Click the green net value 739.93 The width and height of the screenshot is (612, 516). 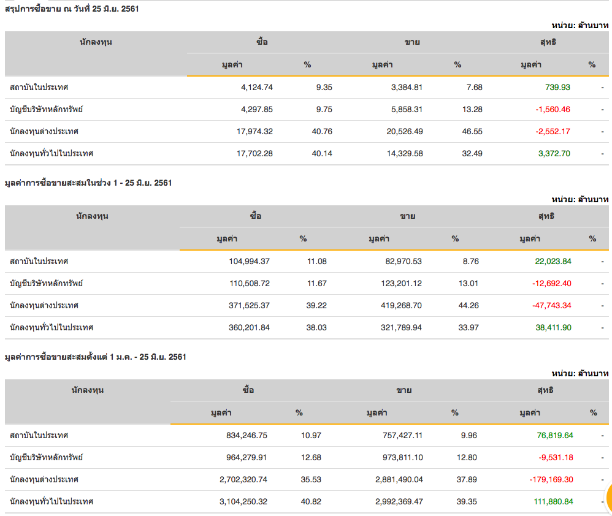pyautogui.click(x=557, y=87)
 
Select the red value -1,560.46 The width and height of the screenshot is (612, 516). pyautogui.click(x=553, y=109)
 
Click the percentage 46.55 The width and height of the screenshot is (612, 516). pyautogui.click(x=472, y=131)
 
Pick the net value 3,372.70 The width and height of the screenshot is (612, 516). pyautogui.click(x=554, y=153)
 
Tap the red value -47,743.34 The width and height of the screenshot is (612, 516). pyautogui.click(x=549, y=305)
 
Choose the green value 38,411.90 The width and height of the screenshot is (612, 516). pyautogui.click(x=553, y=327)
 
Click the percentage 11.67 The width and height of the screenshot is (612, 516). pyautogui.click(x=316, y=283)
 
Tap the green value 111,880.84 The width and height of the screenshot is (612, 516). pyautogui.click(x=554, y=501)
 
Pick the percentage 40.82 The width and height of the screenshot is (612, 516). pyautogui.click(x=311, y=501)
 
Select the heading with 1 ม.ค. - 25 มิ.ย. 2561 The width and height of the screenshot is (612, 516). pyautogui.click(x=95, y=357)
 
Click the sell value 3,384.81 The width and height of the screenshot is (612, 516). pyautogui.click(x=407, y=87)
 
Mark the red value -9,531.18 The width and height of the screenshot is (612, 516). pyautogui.click(x=553, y=457)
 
